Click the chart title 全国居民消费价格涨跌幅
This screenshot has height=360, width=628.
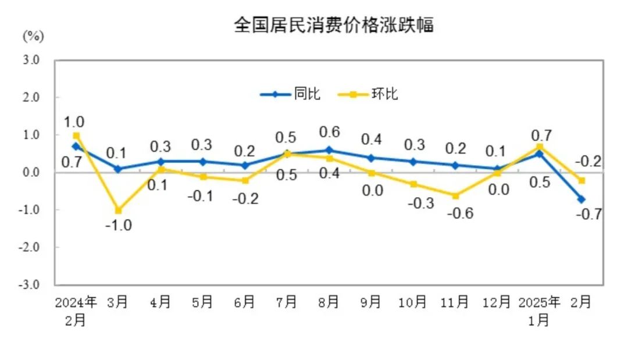click(334, 25)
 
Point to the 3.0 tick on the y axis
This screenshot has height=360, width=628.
click(31, 60)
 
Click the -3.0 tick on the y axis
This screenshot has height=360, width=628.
click(30, 285)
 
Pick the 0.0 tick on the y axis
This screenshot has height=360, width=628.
click(31, 172)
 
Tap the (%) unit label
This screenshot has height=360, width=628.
click(33, 36)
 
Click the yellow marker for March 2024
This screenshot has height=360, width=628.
click(118, 210)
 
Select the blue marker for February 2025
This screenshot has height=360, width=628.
click(581, 199)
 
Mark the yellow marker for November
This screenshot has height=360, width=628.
click(455, 195)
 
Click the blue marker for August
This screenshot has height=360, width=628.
click(329, 150)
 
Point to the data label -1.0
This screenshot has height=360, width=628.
click(118, 226)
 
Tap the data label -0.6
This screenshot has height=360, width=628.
click(460, 213)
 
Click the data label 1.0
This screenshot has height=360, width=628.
click(74, 122)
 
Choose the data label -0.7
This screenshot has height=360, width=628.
click(588, 215)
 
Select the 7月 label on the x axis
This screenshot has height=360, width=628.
click(287, 302)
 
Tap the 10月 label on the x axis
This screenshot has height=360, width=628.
click(412, 302)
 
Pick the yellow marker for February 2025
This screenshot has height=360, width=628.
click(581, 180)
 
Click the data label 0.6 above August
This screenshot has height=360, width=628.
click(329, 131)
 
